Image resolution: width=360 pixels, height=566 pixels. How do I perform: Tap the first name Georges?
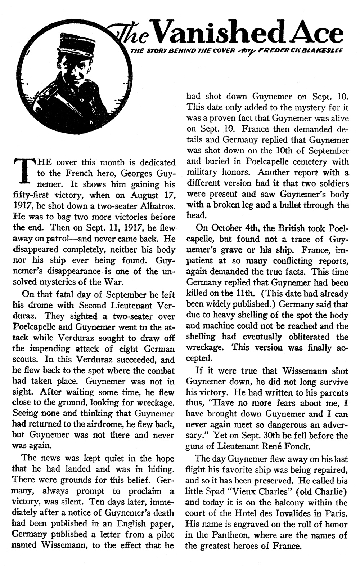(x=135, y=173)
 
